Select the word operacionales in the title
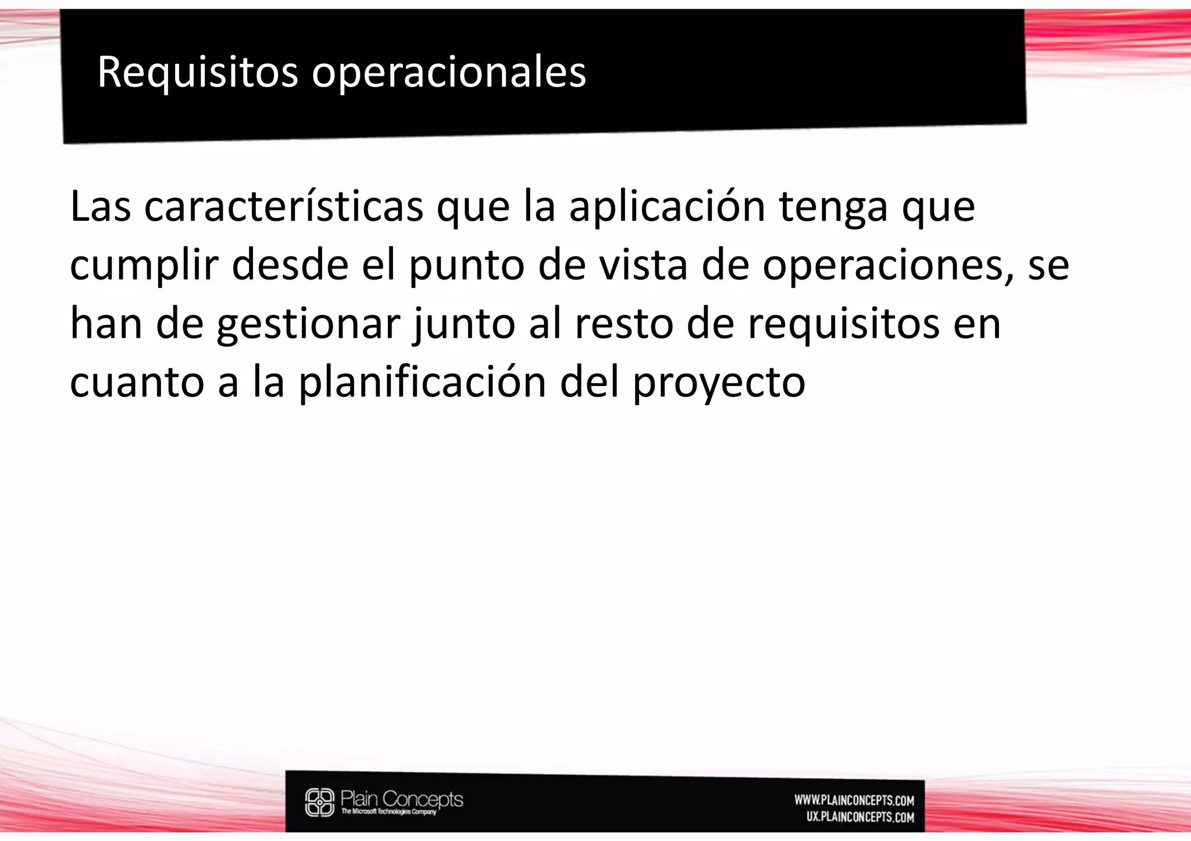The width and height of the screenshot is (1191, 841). [x=448, y=73]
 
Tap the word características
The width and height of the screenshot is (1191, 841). [x=283, y=206]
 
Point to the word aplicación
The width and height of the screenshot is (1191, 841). [x=667, y=207]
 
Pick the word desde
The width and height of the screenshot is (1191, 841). [x=290, y=264]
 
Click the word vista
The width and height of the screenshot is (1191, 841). [x=643, y=264]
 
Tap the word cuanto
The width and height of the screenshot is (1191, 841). [x=137, y=382]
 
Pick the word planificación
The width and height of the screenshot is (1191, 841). [x=422, y=382]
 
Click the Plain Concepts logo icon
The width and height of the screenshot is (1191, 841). [x=320, y=802]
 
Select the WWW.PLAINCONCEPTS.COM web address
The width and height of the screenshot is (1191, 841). [x=854, y=800]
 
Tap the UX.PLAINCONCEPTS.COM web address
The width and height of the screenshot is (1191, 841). [x=860, y=817]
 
